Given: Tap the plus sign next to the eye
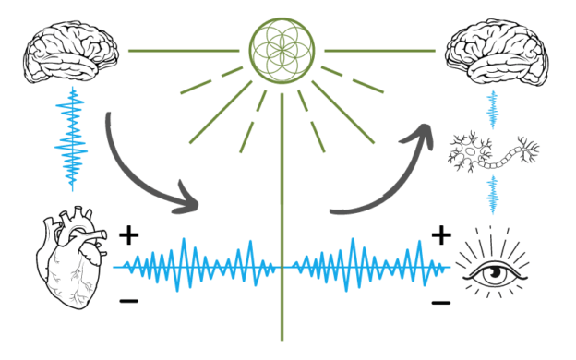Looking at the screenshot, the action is point(441,235).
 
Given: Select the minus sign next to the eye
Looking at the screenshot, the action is point(441,301).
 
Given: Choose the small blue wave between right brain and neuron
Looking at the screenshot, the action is point(493,109).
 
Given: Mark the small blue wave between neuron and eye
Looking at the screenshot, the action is point(493,195).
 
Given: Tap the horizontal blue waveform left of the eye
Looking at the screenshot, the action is point(369,262).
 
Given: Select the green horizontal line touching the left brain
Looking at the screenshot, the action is point(185,50).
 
